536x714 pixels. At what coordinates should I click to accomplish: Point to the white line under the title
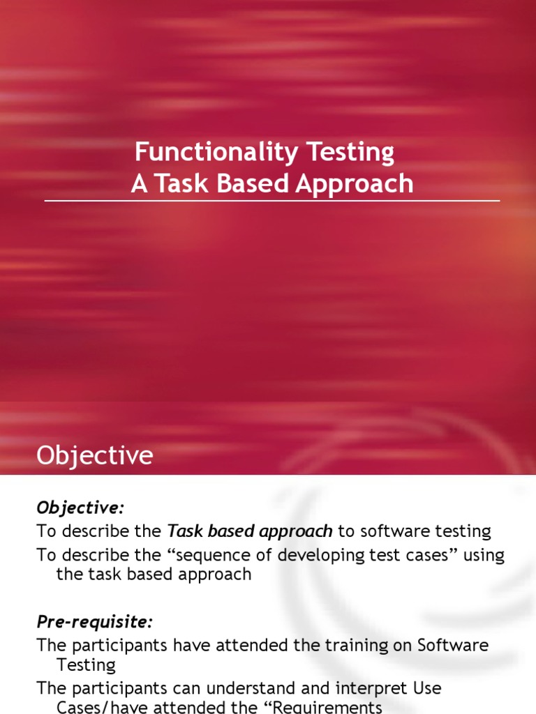click(272, 201)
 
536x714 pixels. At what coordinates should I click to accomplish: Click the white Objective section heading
click(94, 455)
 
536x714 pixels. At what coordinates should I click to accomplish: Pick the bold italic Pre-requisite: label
click(94, 621)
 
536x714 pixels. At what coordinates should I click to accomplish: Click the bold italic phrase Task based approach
click(250, 531)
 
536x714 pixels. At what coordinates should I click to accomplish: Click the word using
click(480, 555)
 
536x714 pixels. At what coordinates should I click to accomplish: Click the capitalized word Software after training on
click(452, 645)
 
